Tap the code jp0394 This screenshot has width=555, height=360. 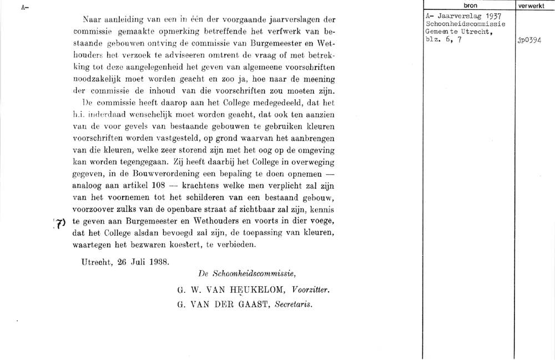(529, 40)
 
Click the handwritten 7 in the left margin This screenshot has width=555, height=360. (61, 222)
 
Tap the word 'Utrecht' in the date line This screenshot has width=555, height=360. (95, 261)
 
